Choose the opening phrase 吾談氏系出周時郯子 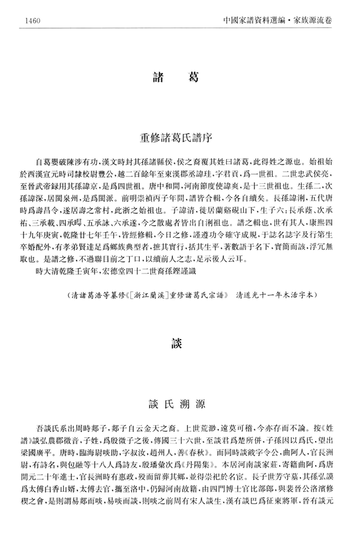[71, 429]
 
